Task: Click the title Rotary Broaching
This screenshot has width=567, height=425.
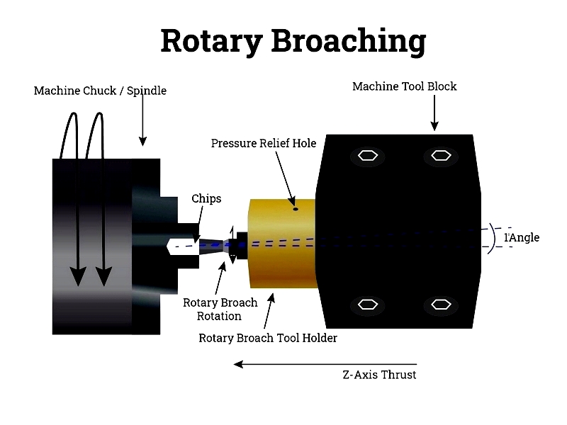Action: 293,41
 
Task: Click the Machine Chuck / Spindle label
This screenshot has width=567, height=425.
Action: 100,91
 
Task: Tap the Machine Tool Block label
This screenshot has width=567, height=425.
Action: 404,86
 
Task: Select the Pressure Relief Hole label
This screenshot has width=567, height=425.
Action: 264,143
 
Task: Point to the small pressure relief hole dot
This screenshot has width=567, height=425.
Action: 296,208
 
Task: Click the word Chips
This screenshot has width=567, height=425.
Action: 206,198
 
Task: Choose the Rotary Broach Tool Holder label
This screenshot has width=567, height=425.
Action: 268,338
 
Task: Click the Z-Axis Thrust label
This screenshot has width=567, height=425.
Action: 379,375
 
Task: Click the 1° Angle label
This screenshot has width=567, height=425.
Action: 522,237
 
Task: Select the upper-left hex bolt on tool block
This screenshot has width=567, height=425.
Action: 367,156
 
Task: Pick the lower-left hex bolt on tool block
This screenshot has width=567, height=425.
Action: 367,305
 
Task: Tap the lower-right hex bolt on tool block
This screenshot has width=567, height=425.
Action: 439,305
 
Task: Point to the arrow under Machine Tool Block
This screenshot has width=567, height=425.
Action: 434,113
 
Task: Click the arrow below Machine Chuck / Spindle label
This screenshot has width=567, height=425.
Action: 143,120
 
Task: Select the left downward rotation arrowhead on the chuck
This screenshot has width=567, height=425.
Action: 78,275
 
